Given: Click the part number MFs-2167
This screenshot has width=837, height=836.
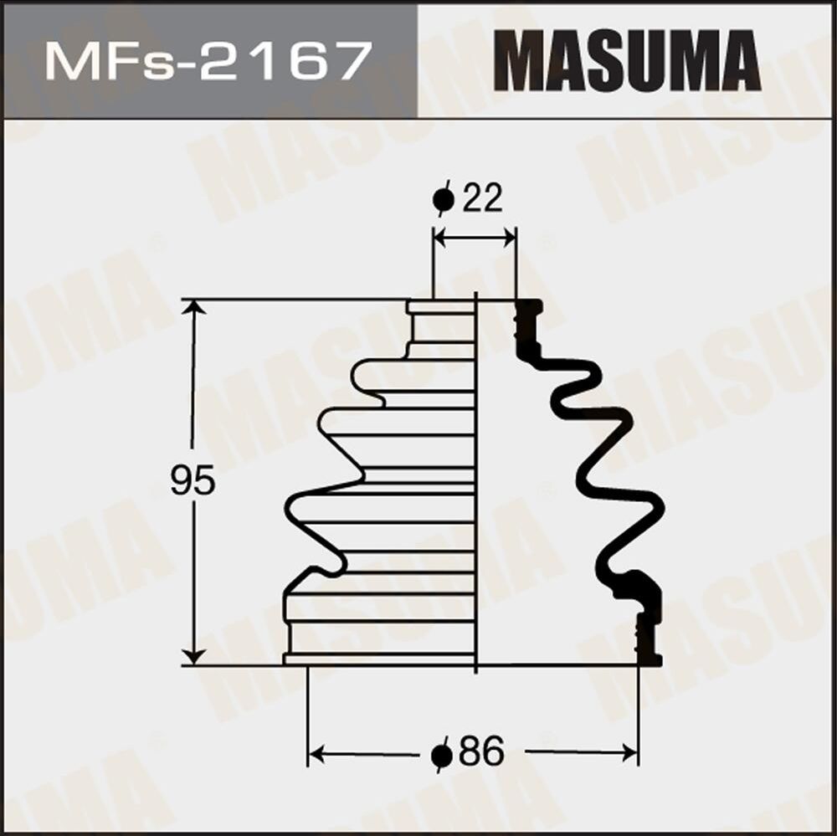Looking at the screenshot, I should (208, 61).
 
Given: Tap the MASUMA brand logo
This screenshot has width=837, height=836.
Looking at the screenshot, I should (627, 61).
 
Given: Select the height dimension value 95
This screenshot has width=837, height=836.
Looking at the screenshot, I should (193, 482).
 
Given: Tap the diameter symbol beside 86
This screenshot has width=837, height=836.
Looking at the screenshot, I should (442, 755).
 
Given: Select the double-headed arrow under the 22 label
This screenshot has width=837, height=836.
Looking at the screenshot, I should (474, 238).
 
